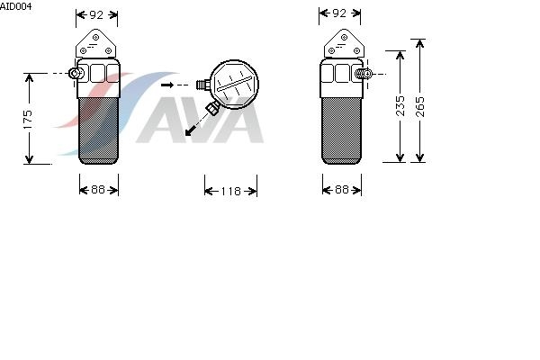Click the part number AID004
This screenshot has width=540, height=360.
[x=16, y=6]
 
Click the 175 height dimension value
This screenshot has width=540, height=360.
[x=28, y=120]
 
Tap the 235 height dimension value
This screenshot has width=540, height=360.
[x=400, y=106]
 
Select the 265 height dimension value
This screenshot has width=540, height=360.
[x=420, y=107]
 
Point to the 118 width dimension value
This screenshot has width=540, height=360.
[x=230, y=191]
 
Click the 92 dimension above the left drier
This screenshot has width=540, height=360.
[x=96, y=14]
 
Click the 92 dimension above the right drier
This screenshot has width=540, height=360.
[x=339, y=13]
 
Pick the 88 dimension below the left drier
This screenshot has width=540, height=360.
[x=98, y=190]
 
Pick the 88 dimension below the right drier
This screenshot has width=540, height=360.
[x=341, y=190]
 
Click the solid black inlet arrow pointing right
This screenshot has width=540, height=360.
[x=167, y=85]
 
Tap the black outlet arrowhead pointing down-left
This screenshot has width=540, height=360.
[x=189, y=131]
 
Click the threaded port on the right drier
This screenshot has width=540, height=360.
[x=364, y=74]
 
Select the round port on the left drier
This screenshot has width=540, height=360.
[x=76, y=73]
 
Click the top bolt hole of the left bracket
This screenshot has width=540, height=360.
[x=95, y=37]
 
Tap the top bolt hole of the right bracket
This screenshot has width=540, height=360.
[x=344, y=37]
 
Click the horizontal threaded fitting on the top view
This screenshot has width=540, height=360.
[x=203, y=85]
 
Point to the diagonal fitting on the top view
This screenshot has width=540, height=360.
[x=213, y=108]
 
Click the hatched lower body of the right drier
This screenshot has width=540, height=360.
[x=341, y=130]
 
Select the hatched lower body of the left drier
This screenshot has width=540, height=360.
[x=98, y=130]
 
